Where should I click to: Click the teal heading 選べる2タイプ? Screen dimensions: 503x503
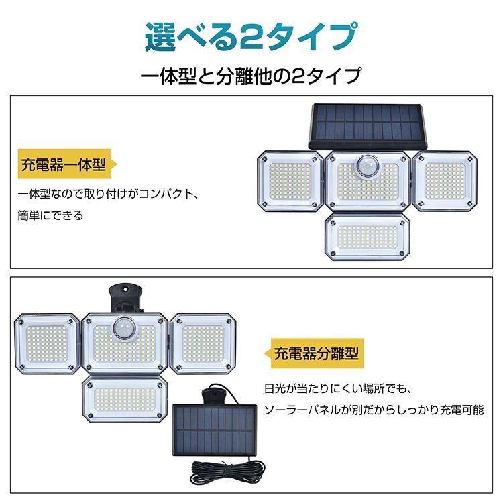(251, 37)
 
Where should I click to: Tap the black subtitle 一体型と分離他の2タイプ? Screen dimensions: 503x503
(251, 76)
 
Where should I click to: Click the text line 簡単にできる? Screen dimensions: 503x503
(51, 215)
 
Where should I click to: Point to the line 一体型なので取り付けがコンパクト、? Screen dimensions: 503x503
(109, 194)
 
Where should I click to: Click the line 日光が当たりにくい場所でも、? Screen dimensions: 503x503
(338, 389)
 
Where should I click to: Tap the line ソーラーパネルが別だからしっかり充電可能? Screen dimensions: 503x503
(374, 410)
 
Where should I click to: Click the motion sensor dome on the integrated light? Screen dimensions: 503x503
(368, 166)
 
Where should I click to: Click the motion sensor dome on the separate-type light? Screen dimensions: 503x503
(125, 328)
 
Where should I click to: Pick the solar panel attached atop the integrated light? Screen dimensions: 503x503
(368, 126)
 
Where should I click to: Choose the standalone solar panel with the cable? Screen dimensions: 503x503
(215, 430)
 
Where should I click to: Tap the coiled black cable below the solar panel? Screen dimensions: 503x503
(228, 473)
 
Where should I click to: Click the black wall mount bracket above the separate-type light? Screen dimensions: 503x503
(126, 298)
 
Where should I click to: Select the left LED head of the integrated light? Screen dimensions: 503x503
(290, 181)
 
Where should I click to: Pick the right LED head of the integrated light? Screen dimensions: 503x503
(445, 181)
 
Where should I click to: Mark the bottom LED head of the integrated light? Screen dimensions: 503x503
(368, 237)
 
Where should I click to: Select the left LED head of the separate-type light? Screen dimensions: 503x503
(47, 344)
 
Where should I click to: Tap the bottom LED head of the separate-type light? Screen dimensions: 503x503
(125, 399)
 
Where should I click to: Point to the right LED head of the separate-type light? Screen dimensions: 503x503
(203, 344)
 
